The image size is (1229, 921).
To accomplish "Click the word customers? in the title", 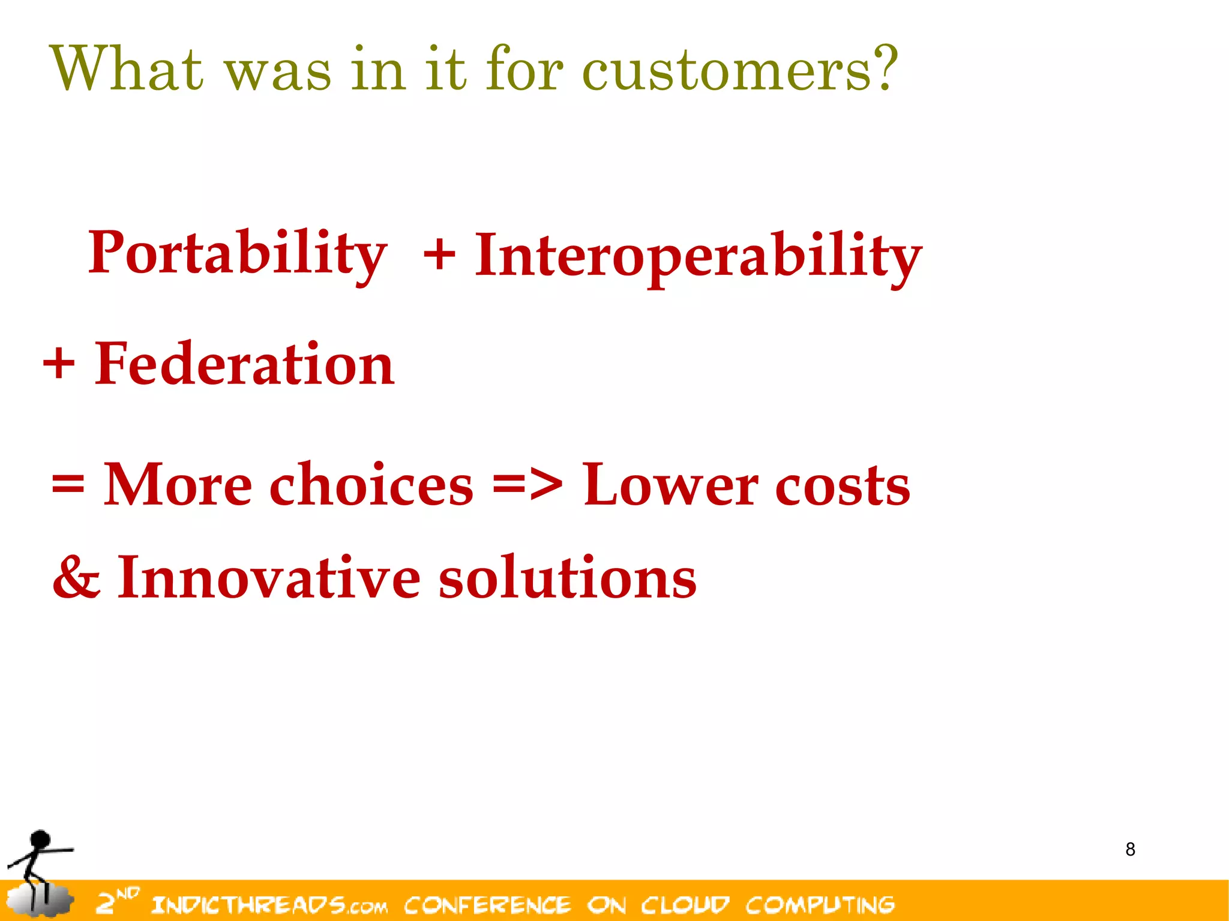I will pyautogui.click(x=739, y=71).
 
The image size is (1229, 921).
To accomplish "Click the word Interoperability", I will pyautogui.click(x=698, y=257).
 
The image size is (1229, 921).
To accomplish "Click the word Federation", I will pyautogui.click(x=244, y=364).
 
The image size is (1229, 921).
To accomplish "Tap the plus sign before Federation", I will pyautogui.click(x=59, y=364).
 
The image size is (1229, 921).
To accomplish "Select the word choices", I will pyautogui.click(x=371, y=485).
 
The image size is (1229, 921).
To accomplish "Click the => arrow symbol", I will pyautogui.click(x=527, y=484).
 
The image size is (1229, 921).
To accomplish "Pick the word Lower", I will pyautogui.click(x=670, y=485).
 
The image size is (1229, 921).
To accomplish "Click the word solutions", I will pyautogui.click(x=567, y=577).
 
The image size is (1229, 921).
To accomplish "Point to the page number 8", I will pyautogui.click(x=1130, y=850).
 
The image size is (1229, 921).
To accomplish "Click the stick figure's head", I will pyautogui.click(x=40, y=839).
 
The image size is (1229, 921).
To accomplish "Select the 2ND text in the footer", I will pyautogui.click(x=117, y=900).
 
